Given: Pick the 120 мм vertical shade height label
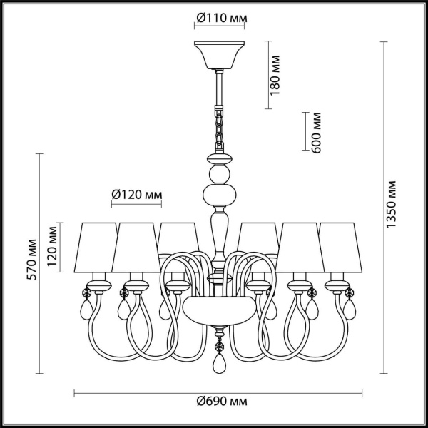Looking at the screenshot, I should (52, 246).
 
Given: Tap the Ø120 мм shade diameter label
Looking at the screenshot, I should (136, 195).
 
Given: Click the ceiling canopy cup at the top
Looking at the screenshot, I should (218, 55).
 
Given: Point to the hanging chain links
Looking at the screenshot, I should (218, 128).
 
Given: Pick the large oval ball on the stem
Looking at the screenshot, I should (218, 195).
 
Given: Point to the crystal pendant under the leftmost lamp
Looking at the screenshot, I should (89, 310).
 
